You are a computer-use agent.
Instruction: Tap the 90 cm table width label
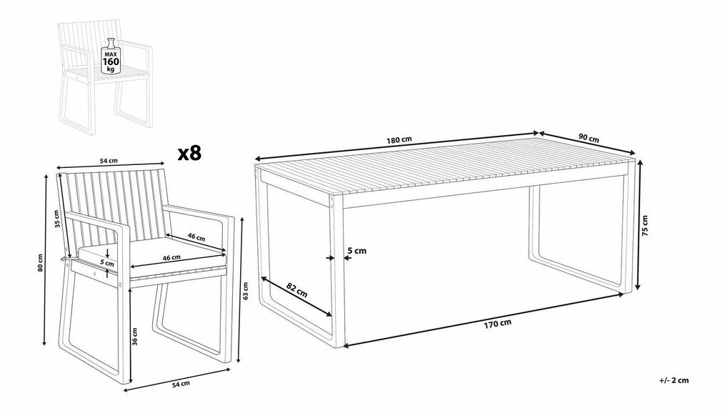(x=589, y=137)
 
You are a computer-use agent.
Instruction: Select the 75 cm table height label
(x=644, y=226)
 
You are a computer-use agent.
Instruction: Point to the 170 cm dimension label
(x=497, y=324)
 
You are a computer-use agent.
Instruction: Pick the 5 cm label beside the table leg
(x=356, y=250)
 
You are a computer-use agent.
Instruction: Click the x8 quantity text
(x=190, y=153)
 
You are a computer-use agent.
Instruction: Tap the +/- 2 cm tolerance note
(x=674, y=380)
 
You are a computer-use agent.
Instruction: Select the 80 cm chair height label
(x=40, y=262)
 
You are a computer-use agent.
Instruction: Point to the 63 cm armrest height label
(x=245, y=290)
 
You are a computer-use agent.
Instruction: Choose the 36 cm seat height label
(x=134, y=336)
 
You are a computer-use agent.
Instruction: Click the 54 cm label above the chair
(x=109, y=161)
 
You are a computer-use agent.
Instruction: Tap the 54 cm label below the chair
(x=180, y=383)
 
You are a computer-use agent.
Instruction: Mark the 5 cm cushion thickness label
(x=107, y=263)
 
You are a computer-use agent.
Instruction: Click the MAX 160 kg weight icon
(x=111, y=56)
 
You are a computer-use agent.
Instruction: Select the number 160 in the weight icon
(x=111, y=61)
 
